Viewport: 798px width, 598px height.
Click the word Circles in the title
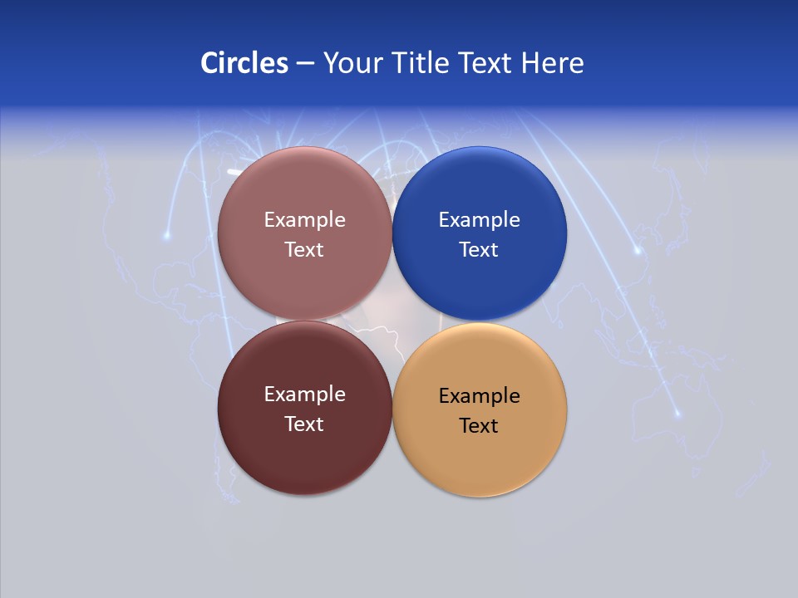(x=244, y=63)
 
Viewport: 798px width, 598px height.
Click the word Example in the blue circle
(x=479, y=220)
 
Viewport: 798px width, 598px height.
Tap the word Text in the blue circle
(x=479, y=250)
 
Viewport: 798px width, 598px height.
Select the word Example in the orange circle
(x=479, y=396)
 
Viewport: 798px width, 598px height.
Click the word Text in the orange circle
(x=479, y=426)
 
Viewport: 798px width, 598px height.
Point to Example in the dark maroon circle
(x=304, y=395)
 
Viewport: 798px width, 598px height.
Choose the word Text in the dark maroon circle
(x=304, y=424)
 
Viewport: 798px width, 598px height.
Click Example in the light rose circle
(x=304, y=220)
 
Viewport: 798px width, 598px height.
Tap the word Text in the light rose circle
(x=304, y=250)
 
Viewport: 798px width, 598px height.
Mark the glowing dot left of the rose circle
(x=166, y=236)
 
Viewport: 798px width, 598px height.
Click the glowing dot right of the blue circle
(x=638, y=249)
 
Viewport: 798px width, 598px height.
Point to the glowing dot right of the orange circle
(x=677, y=414)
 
